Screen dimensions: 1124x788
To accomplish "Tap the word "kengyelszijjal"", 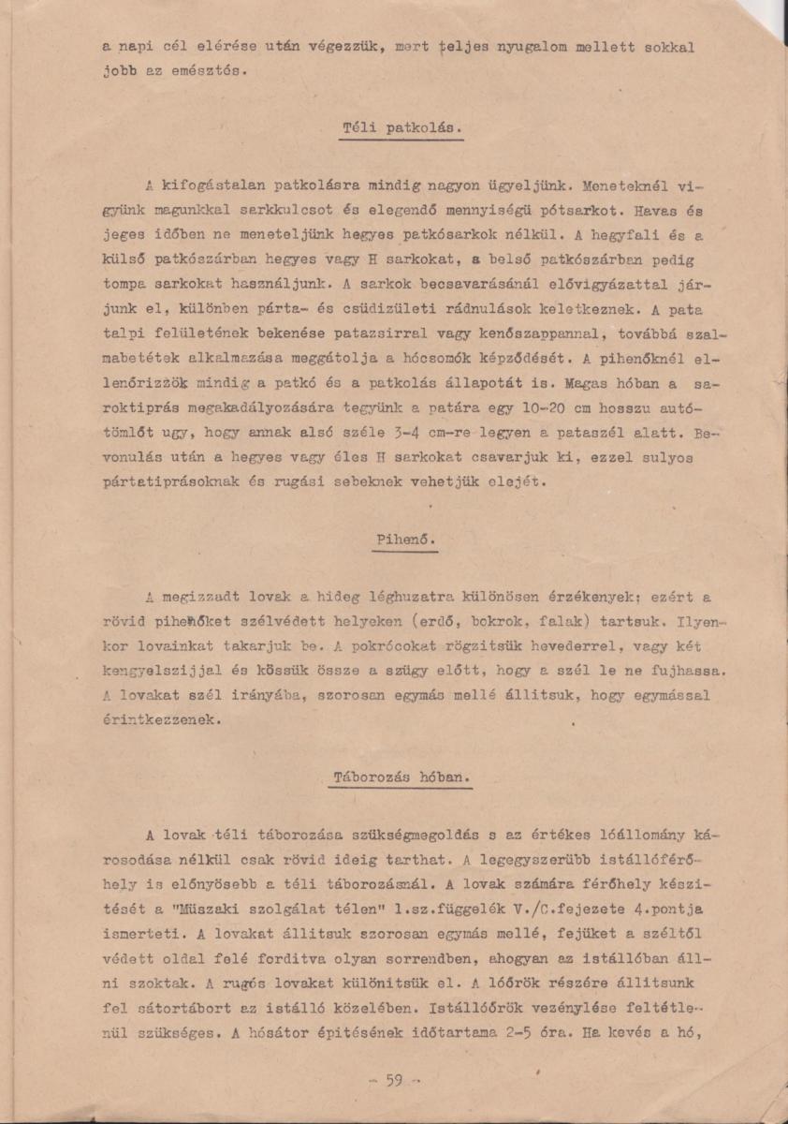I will [171, 672].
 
